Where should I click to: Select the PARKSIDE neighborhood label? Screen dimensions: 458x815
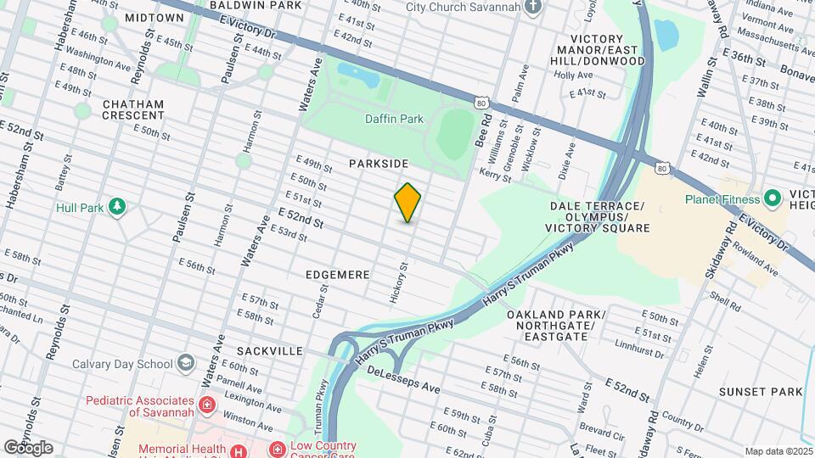(379, 163)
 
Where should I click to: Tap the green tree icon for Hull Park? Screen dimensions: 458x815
(117, 207)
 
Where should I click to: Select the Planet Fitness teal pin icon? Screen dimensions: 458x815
(772, 200)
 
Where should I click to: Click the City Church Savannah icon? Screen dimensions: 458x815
(532, 8)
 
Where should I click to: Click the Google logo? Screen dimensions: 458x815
(28, 448)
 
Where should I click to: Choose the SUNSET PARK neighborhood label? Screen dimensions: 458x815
(760, 392)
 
